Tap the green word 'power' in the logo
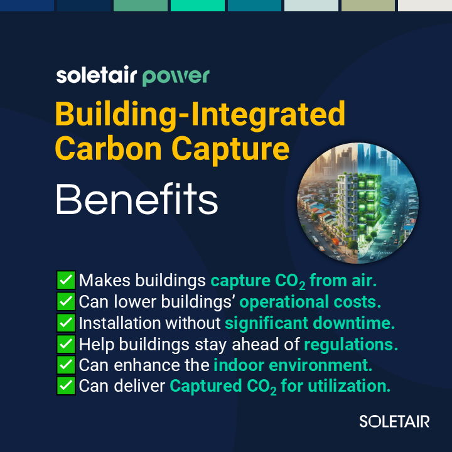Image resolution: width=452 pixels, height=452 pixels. click(x=176, y=77)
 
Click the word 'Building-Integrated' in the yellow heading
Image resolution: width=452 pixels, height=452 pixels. click(x=200, y=116)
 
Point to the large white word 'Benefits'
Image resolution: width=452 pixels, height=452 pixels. click(x=137, y=200)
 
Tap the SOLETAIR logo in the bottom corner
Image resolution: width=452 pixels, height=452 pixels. click(x=394, y=421)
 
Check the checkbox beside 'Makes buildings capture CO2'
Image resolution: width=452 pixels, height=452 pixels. click(x=66, y=280)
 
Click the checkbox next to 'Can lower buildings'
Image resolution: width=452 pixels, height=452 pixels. click(x=66, y=301)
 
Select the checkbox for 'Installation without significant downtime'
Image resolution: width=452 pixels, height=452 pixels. click(x=66, y=323)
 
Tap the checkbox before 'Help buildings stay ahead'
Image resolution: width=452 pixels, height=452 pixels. click(x=66, y=344)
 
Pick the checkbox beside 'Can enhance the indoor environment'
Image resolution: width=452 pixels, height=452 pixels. click(x=66, y=365)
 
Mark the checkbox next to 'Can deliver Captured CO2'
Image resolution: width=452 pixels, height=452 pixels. click(x=66, y=386)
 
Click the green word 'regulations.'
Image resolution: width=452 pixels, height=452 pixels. click(x=351, y=345)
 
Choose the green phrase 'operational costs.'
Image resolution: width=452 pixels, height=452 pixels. click(x=310, y=302)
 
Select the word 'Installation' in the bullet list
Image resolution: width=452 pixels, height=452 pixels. click(x=119, y=323)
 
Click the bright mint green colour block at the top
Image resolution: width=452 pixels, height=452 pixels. click(x=196, y=5)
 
